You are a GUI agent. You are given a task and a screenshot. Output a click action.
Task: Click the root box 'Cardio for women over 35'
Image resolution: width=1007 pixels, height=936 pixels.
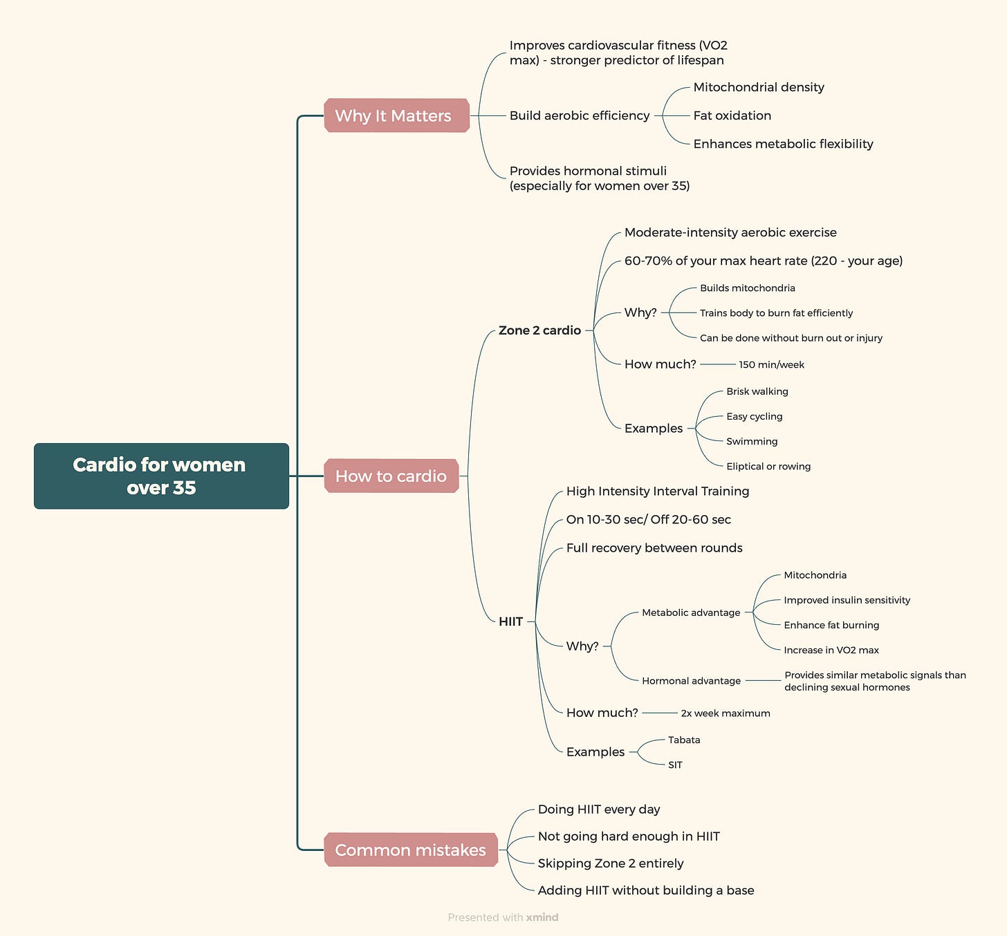click(161, 476)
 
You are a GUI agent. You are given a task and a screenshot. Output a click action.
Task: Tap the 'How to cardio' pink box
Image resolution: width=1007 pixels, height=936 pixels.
click(391, 476)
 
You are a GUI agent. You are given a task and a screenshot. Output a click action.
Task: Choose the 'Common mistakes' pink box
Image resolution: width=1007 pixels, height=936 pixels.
click(410, 850)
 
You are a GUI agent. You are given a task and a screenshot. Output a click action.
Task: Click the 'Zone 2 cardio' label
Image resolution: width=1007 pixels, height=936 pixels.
click(539, 330)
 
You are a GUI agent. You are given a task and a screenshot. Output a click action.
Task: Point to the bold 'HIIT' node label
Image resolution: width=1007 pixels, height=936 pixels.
click(510, 621)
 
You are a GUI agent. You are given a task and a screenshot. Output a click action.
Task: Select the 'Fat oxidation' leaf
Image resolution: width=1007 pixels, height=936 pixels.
click(732, 115)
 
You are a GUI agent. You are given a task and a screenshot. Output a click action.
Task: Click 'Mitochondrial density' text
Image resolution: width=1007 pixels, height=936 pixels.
click(758, 87)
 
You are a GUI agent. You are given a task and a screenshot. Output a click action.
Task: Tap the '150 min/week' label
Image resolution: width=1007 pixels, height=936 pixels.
click(771, 364)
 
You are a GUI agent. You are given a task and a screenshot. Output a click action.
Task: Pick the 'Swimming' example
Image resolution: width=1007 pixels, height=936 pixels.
click(752, 441)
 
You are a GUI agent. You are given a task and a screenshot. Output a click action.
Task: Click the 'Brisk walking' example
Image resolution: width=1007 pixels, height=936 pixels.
click(757, 391)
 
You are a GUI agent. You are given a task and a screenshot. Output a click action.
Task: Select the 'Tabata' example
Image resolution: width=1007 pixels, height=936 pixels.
click(684, 740)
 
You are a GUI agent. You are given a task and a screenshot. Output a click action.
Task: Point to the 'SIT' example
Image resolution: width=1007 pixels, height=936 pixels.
click(675, 765)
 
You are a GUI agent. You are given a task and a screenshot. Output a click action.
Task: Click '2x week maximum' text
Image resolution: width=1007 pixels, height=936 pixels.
click(725, 713)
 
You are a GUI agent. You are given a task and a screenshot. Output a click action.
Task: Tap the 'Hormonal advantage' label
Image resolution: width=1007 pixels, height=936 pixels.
click(691, 680)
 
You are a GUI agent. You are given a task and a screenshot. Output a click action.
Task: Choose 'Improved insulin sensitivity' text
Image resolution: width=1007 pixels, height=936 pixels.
click(847, 600)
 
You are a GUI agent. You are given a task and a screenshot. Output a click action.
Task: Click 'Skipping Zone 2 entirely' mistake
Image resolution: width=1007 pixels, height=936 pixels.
click(610, 863)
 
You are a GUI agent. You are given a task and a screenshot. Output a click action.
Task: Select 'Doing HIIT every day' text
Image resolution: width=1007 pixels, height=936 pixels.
click(598, 809)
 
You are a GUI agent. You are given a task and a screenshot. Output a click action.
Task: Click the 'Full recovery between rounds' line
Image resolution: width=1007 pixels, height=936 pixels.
click(654, 547)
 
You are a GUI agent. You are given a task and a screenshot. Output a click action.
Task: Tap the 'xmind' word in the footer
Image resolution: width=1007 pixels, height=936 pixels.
click(542, 917)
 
